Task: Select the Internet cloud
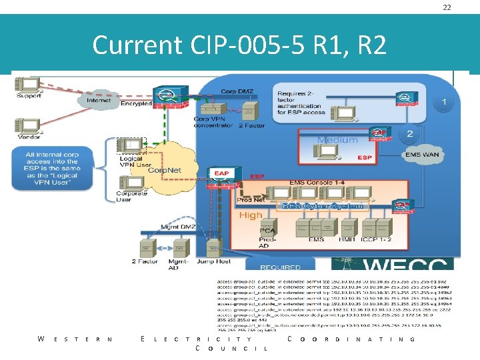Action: coord(98,101)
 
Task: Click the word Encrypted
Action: coord(137,104)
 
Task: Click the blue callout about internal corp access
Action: coord(53,169)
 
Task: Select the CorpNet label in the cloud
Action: coord(165,170)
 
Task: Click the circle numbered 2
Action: coord(410,133)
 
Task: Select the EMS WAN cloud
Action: coord(422,155)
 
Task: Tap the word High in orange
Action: coord(251,215)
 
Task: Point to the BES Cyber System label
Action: coord(323,206)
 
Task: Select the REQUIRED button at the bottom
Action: coord(281,267)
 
